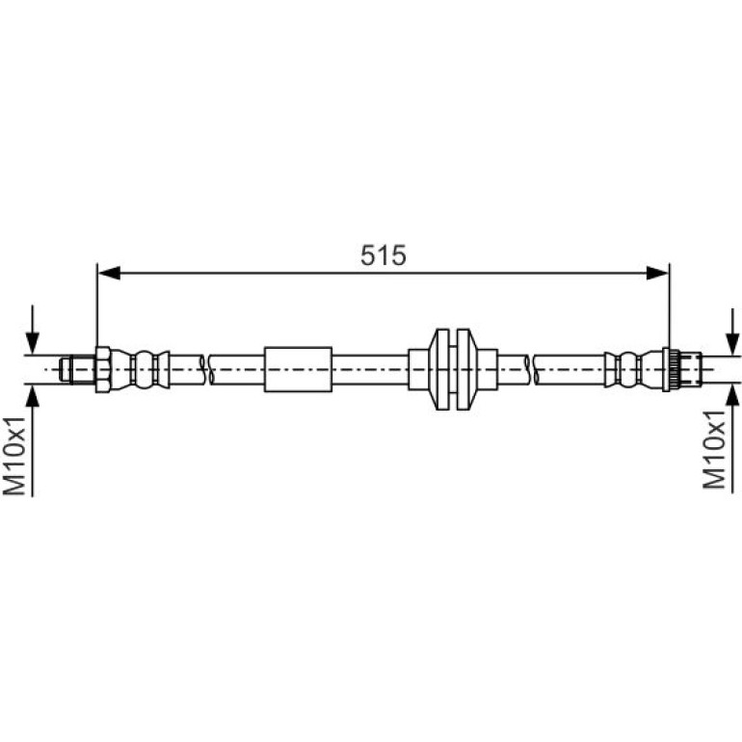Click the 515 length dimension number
click(383, 255)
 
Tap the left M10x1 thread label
click(14, 456)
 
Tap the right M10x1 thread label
click(714, 450)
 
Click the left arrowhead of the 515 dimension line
click(109, 273)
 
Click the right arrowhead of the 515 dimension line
click(657, 273)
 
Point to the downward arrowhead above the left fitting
click(32, 343)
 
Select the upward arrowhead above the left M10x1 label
click(32, 395)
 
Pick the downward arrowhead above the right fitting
click(732, 344)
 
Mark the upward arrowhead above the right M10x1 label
click(732, 395)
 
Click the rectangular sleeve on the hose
click(298, 369)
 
